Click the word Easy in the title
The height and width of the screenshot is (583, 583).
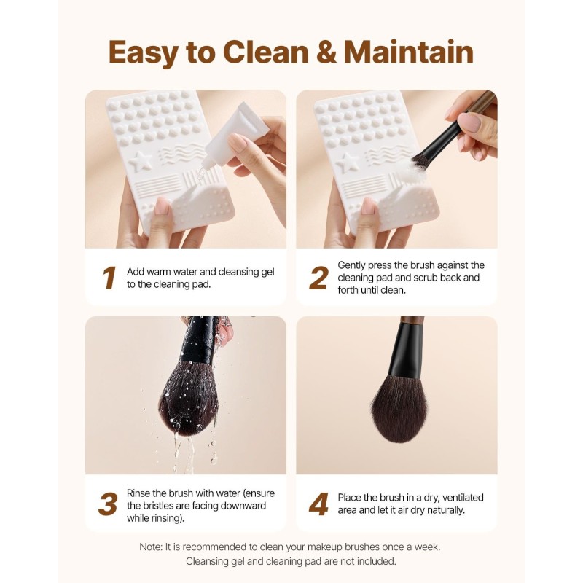point(144,52)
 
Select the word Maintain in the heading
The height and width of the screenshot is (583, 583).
point(408,52)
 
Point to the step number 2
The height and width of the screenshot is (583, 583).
point(319,278)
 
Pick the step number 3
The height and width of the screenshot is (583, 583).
point(108,504)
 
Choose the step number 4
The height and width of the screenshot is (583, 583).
point(318,504)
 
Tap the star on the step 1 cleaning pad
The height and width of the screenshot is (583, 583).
point(140,161)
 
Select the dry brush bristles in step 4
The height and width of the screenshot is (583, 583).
point(399,409)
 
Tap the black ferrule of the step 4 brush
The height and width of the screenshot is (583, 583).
point(406,351)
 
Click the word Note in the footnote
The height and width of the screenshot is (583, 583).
point(151,547)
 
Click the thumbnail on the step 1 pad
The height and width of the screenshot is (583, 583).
point(163,206)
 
